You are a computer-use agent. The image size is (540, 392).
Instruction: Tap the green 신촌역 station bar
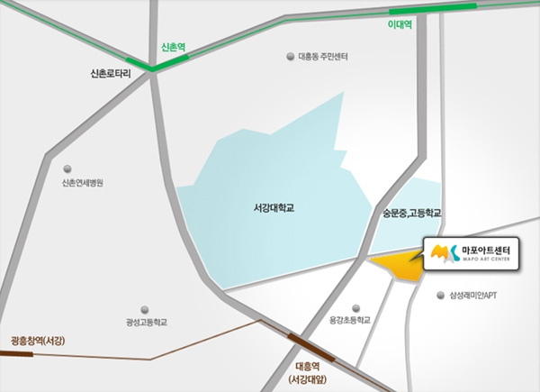(x=170, y=62)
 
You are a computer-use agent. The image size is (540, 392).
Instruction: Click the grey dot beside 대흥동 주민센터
(x=290, y=56)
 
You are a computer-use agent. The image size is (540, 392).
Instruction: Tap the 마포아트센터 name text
(x=485, y=249)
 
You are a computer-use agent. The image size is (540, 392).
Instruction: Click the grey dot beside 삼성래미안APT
(x=440, y=295)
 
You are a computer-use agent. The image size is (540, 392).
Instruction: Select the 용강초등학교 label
(x=350, y=321)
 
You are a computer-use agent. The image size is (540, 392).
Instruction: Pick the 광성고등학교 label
(x=147, y=322)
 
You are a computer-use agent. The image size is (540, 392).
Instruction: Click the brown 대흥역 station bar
(x=308, y=347)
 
